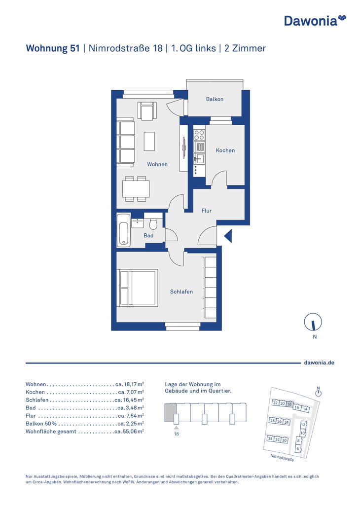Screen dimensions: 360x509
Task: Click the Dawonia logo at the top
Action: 315,20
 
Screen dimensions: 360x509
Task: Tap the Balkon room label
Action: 215,99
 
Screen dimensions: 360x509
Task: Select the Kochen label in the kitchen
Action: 225,150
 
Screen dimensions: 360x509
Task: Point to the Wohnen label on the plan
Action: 157,164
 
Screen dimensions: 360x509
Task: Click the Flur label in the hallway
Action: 207,211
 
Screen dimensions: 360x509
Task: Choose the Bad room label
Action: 148,235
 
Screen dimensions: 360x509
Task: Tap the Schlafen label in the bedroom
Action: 181,291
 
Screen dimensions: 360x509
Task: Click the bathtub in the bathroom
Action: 124,230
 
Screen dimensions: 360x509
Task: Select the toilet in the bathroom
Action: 153,223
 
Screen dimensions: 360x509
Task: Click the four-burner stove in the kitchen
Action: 199,135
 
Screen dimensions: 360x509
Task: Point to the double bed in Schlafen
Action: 138,288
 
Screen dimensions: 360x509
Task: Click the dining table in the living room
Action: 136,189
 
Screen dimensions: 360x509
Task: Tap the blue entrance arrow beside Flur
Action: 228,236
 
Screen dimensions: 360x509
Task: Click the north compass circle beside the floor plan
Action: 313,322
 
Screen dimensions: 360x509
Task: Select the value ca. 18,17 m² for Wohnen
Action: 130,384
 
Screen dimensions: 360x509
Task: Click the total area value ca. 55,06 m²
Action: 129,432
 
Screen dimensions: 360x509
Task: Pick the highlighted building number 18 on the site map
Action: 289,404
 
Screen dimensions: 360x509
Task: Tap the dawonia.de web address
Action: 319,363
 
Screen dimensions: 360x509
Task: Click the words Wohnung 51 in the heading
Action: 53,48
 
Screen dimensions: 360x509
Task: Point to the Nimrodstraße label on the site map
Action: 282,458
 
